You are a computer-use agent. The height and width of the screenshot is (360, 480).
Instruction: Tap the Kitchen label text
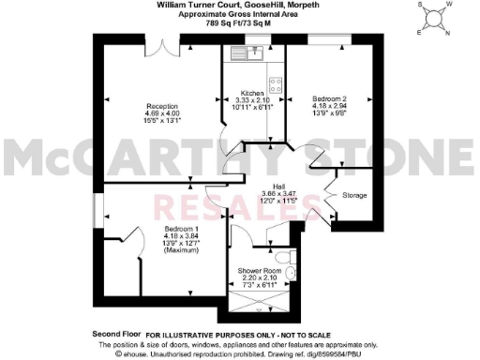tap(251, 95)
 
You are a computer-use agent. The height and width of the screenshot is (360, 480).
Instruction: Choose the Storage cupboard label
tap(354, 195)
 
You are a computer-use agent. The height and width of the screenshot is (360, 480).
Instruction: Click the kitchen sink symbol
tap(255, 52)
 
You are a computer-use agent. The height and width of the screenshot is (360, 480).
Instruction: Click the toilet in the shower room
tap(294, 273)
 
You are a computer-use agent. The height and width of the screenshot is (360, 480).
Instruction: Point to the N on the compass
tap(446, 34)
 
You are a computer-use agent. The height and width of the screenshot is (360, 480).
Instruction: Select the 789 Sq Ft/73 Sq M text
tap(239, 23)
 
